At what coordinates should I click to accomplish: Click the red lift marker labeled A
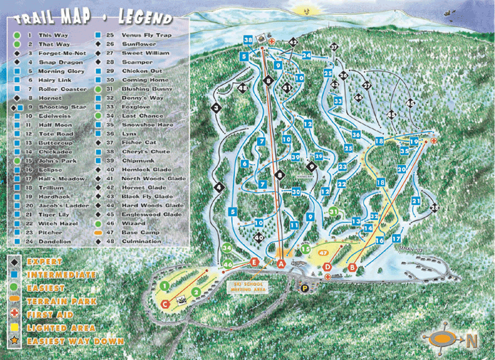[x=281, y=264]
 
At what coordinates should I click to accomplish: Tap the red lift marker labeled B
[x=352, y=267]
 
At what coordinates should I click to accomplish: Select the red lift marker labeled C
[x=165, y=304]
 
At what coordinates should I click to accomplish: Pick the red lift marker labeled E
[x=254, y=262]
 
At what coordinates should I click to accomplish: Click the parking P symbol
[x=304, y=287]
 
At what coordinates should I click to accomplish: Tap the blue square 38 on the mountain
[x=248, y=40]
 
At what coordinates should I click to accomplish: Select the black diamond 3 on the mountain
[x=216, y=108]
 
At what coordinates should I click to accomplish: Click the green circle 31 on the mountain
[x=334, y=212]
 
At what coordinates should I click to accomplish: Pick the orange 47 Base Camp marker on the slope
[x=323, y=253]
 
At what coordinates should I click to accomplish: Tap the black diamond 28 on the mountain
[x=435, y=208]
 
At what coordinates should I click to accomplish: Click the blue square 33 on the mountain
[x=337, y=100]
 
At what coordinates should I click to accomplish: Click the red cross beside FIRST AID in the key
[x=13, y=315]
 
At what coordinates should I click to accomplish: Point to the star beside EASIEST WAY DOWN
[x=13, y=341]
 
